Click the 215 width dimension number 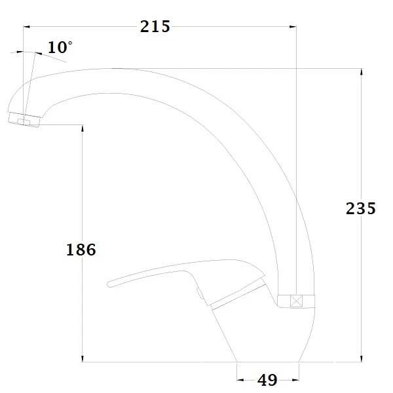(155, 26)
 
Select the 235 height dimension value (361, 208)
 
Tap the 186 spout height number (81, 250)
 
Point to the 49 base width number (267, 380)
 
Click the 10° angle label (60, 47)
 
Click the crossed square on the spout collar (296, 301)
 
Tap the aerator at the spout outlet (24, 120)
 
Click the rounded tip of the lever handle (109, 284)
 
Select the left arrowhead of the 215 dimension (27, 27)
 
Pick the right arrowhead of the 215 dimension (293, 27)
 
